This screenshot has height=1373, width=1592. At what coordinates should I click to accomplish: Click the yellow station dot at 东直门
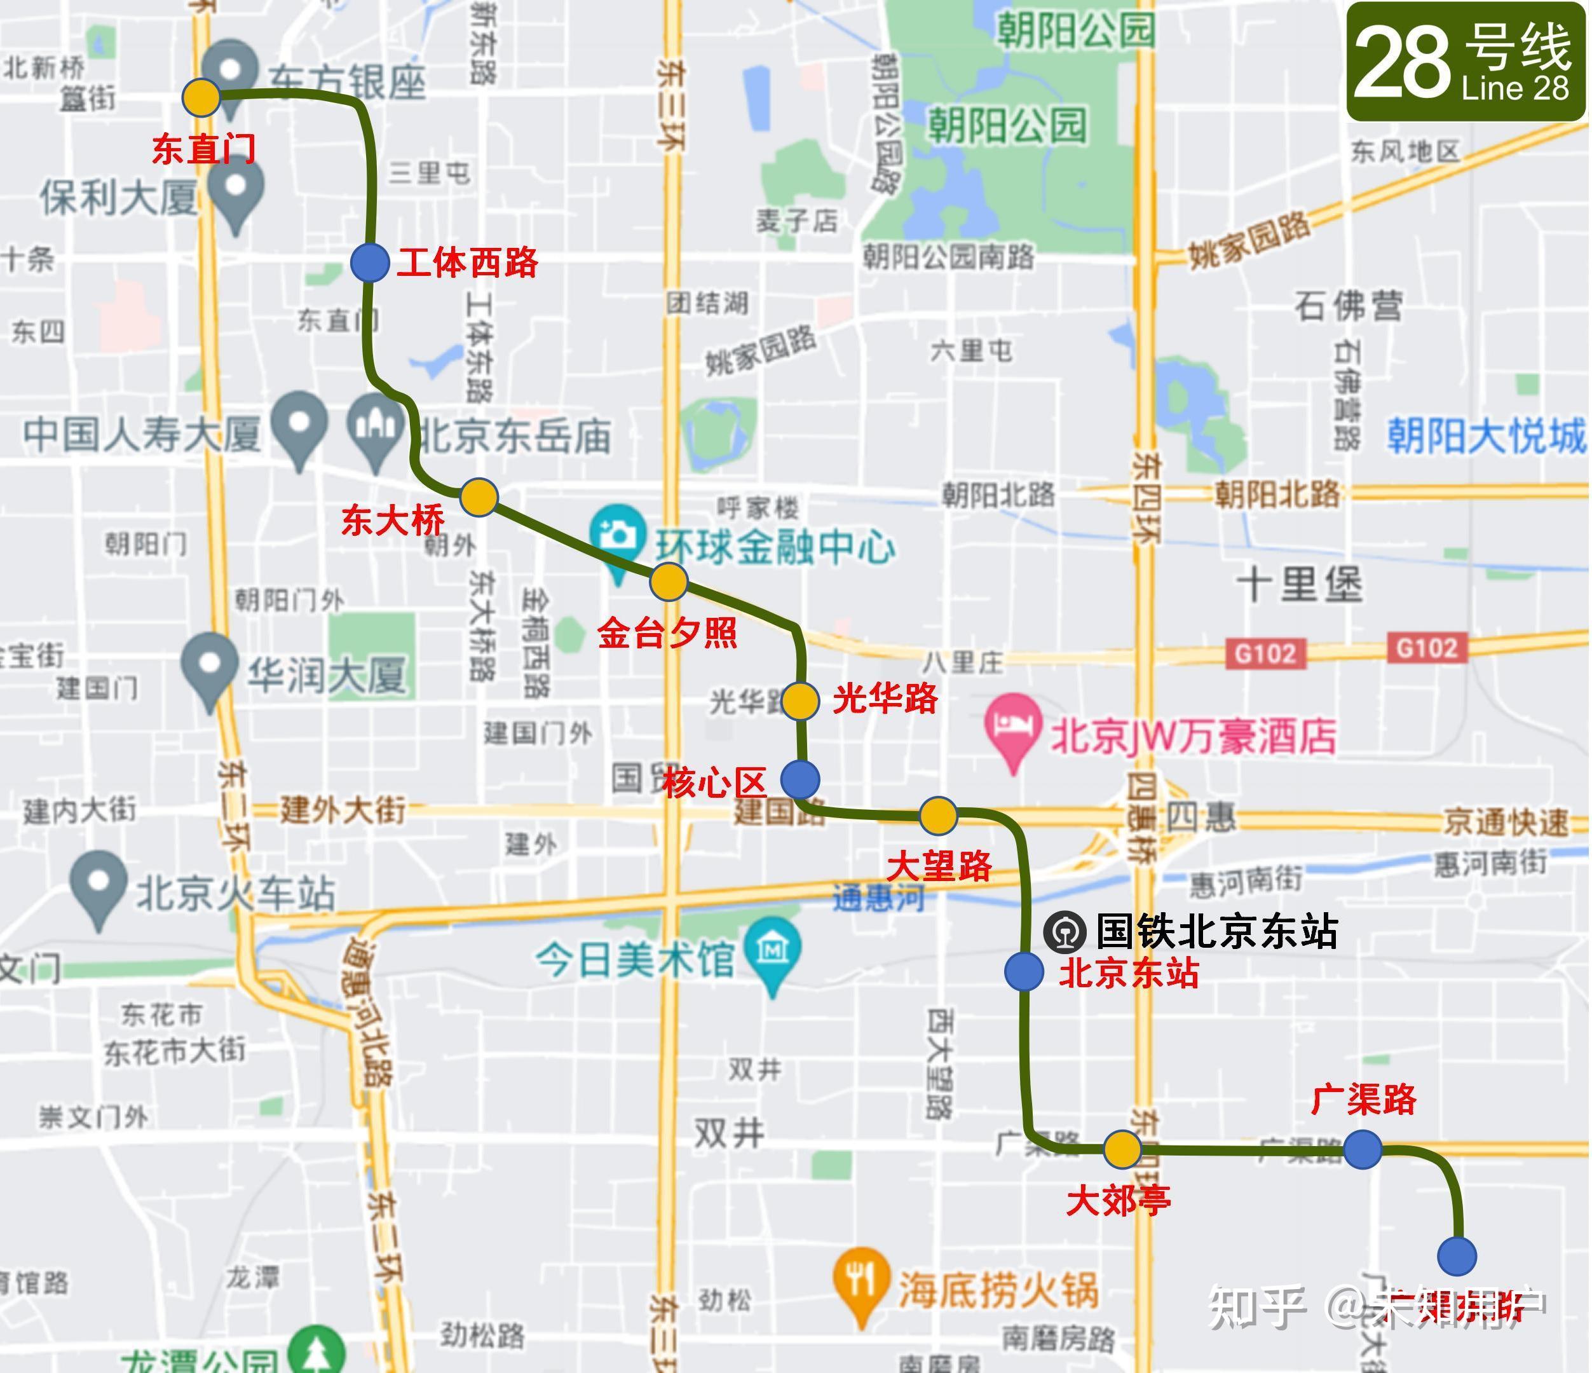pyautogui.click(x=201, y=99)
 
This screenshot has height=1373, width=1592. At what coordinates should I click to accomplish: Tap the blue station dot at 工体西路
pyautogui.click(x=370, y=263)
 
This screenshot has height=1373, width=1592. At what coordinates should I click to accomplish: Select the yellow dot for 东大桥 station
pyautogui.click(x=479, y=497)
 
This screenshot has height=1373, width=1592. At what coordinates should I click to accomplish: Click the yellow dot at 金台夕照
pyautogui.click(x=668, y=582)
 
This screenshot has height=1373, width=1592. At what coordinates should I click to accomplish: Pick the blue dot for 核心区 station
pyautogui.click(x=800, y=779)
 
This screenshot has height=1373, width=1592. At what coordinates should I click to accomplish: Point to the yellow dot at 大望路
pyautogui.click(x=938, y=816)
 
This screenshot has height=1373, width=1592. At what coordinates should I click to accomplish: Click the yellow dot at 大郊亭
pyautogui.click(x=1122, y=1149)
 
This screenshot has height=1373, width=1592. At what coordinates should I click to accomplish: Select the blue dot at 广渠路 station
pyautogui.click(x=1363, y=1149)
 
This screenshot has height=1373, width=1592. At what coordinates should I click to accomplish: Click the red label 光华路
pyautogui.click(x=885, y=699)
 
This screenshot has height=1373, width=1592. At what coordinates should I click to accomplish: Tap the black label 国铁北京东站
pyautogui.click(x=1216, y=931)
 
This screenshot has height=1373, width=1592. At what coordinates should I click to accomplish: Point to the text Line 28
pyautogui.click(x=1514, y=89)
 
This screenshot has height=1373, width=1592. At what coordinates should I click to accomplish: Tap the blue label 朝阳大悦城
pyautogui.click(x=1486, y=437)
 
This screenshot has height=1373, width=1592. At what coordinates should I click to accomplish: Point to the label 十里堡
pyautogui.click(x=1300, y=585)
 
